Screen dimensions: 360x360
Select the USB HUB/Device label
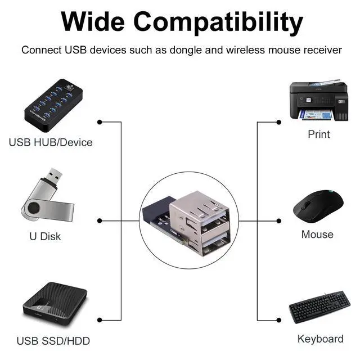point(51,142)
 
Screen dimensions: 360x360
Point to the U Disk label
point(45,236)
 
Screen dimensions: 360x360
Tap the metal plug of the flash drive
point(55,177)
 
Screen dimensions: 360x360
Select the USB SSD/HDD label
point(53,341)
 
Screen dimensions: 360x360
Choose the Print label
point(319,134)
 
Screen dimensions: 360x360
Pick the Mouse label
point(317,235)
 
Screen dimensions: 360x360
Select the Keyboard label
point(320,339)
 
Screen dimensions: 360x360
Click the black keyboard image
point(319,307)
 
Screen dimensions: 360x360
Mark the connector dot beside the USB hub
point(100,122)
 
